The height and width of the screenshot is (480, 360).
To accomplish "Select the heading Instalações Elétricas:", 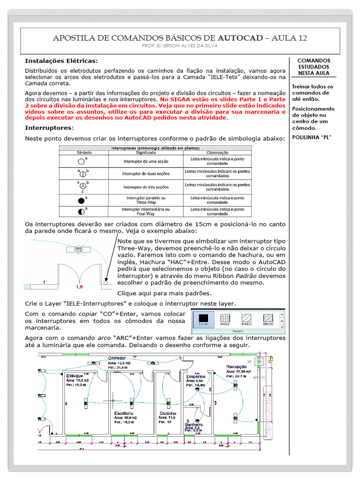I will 61,61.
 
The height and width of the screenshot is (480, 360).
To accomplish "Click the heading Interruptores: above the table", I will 49,127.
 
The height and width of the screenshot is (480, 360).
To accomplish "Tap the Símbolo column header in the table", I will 84,153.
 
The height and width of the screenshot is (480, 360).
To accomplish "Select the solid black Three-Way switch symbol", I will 81,201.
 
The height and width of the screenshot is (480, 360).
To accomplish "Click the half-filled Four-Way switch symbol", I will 81,211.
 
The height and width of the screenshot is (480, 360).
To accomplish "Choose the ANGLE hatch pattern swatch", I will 226,320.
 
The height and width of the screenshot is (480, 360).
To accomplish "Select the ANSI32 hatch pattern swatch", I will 268,320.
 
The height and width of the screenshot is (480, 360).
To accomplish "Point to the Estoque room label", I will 75,376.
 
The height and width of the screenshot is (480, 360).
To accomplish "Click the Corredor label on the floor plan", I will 117,358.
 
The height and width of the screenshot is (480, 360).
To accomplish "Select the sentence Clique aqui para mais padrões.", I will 158,293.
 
